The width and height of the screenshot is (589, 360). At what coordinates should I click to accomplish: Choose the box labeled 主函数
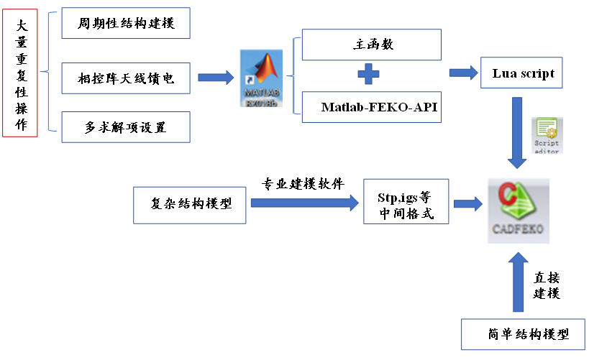[371, 45]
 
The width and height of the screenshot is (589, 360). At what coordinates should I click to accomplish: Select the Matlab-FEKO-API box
[371, 108]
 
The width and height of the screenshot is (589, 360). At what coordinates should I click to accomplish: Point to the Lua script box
[523, 73]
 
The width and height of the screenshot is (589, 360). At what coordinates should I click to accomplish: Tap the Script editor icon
[547, 135]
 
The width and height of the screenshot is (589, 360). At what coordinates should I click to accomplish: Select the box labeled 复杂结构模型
[191, 203]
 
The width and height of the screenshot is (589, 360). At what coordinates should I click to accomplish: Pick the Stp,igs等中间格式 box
[406, 204]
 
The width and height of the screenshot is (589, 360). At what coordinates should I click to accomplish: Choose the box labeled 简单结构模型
[523, 334]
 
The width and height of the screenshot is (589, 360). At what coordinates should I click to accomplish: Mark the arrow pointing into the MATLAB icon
[216, 76]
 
